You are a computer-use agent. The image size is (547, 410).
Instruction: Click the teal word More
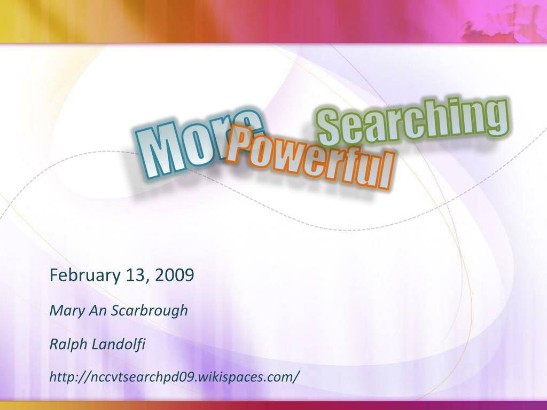(199, 145)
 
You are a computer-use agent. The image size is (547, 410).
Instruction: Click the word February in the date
(85, 275)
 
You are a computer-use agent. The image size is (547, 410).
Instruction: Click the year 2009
(175, 275)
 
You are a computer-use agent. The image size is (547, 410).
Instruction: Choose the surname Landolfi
(119, 344)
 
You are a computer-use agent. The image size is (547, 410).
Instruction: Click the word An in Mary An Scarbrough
(98, 311)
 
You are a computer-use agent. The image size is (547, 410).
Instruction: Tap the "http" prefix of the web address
(63, 377)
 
